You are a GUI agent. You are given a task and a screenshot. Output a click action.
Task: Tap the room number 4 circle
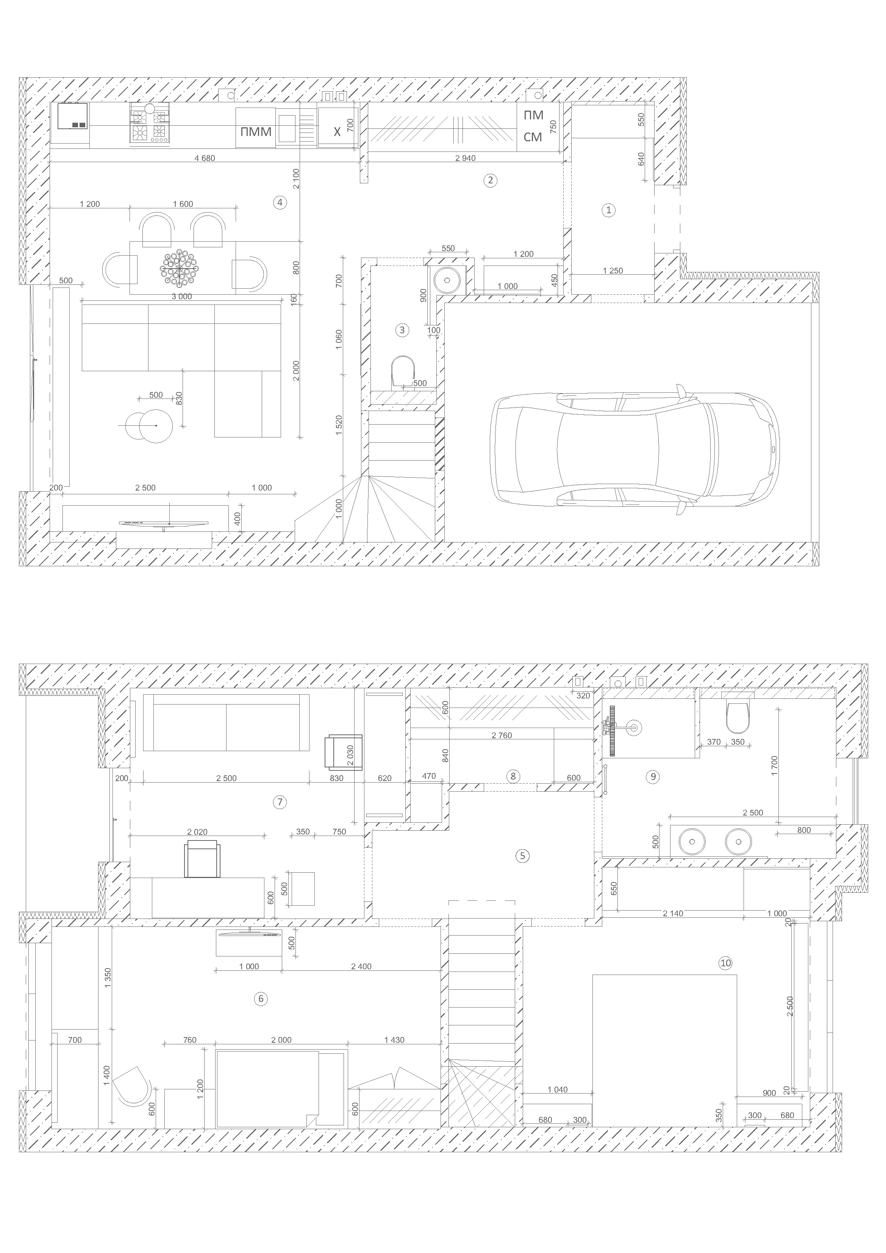click(x=280, y=203)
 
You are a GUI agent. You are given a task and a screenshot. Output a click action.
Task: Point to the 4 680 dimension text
click(x=205, y=158)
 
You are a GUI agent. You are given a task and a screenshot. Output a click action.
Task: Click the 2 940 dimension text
click(x=465, y=158)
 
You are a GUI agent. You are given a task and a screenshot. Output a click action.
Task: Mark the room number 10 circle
click(x=725, y=963)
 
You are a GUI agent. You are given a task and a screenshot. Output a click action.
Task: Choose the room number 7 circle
click(x=280, y=801)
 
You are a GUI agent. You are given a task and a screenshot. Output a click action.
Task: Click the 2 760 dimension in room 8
click(x=502, y=736)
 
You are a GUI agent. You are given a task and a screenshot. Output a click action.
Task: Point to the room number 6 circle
click(x=261, y=999)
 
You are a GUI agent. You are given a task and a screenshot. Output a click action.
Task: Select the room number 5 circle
click(x=522, y=856)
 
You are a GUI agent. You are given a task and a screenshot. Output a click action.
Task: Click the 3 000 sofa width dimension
click(x=182, y=296)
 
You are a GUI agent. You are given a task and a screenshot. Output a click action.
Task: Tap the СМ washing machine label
click(x=533, y=137)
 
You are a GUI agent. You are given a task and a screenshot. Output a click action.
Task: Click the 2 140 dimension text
click(x=673, y=913)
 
